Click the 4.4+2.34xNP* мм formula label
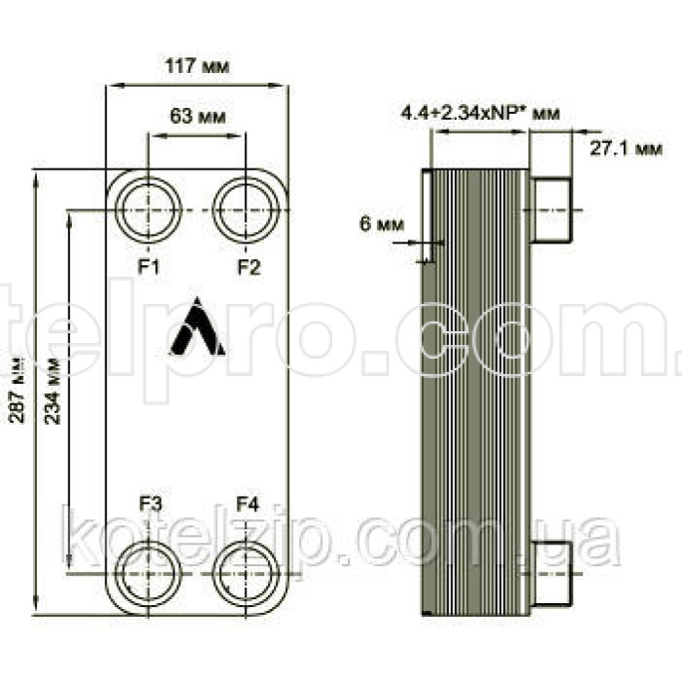[480, 114]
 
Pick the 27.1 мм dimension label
[625, 149]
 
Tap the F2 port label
[248, 266]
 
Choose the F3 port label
[150, 504]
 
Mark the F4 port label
[248, 504]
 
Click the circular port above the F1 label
[146, 209]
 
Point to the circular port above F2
[246, 209]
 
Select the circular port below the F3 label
[146, 574]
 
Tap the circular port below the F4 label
[246, 574]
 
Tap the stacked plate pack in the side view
[479, 390]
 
